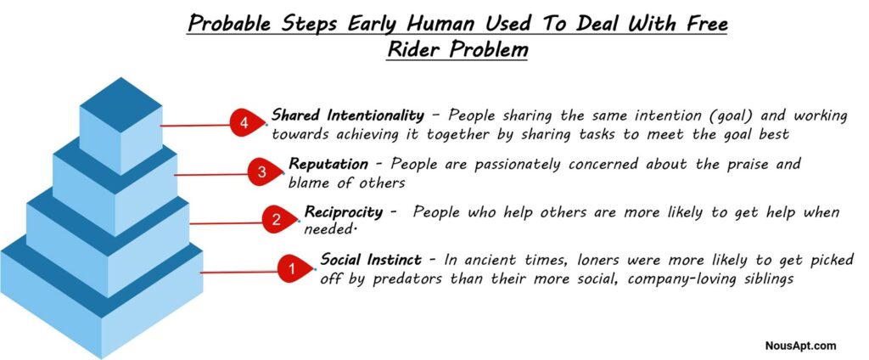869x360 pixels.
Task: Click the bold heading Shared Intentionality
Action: click(347, 115)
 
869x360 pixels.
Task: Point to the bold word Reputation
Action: click(328, 164)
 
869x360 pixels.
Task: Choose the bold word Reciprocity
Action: click(343, 212)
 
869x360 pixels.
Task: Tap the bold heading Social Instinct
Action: click(371, 260)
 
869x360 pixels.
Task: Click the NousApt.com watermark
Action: click(801, 346)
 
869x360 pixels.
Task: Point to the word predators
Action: click(407, 279)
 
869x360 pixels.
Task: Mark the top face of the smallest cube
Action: click(121, 104)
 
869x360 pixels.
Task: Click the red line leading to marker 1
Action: click(240, 272)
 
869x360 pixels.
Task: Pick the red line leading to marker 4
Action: click(196, 126)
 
